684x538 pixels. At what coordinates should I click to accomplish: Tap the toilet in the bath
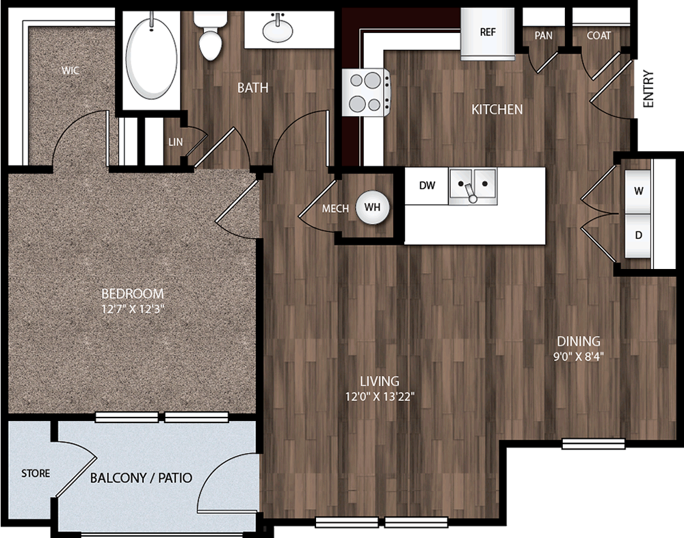point(210,35)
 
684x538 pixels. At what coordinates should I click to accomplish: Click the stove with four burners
point(366,92)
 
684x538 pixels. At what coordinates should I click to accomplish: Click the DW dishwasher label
point(427,185)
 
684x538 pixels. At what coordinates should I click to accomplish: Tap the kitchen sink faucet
point(471,194)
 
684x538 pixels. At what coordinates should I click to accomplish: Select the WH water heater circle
point(372,207)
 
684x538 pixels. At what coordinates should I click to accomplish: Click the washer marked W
point(638,191)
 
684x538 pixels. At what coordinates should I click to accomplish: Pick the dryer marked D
point(638,235)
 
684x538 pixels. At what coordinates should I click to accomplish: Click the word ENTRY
point(648,89)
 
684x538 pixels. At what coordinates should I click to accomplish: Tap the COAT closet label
point(598,36)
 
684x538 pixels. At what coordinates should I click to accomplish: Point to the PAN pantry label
point(544,36)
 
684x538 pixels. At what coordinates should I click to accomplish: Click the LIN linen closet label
point(176,142)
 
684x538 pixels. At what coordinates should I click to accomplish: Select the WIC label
point(70,71)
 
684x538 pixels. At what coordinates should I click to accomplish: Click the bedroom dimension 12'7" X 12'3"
point(133,309)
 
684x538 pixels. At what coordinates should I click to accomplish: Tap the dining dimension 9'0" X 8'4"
point(579,357)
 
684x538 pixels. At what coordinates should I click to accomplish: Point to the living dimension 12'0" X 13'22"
point(380,397)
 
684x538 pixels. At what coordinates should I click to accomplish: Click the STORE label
point(36,474)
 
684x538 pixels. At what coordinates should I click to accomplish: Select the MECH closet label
point(335,209)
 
